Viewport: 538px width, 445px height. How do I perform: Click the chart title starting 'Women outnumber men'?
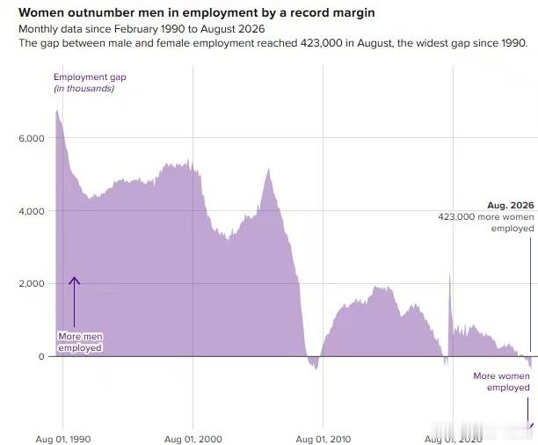pyautogui.click(x=197, y=12)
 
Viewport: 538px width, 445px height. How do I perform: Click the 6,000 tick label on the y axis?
pyautogui.click(x=32, y=138)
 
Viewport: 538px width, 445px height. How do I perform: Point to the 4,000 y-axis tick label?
pyautogui.click(x=32, y=211)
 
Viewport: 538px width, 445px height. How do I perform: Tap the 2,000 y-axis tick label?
pyautogui.click(x=32, y=283)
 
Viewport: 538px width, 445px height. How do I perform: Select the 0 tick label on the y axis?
pyautogui.click(x=41, y=356)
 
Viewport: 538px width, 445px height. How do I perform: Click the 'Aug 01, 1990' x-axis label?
pyautogui.click(x=63, y=439)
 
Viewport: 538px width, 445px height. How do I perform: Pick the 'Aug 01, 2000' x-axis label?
pyautogui.click(x=193, y=439)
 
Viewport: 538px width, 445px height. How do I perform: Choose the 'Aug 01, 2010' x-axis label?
pyautogui.click(x=324, y=439)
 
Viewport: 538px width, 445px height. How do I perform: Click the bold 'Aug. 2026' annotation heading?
pyautogui.click(x=511, y=205)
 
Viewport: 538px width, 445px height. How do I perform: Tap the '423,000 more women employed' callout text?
pyautogui.click(x=486, y=222)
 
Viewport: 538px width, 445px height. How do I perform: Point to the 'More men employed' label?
pyautogui.click(x=80, y=342)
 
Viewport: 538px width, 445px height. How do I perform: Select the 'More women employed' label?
pyautogui.click(x=502, y=382)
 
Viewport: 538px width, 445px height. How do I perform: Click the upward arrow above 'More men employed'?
pyautogui.click(x=74, y=302)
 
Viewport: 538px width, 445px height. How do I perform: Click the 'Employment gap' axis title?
pyautogui.click(x=90, y=77)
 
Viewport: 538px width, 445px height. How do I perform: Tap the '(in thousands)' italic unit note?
pyautogui.click(x=84, y=89)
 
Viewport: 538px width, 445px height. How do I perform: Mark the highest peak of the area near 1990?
pyautogui.click(x=57, y=110)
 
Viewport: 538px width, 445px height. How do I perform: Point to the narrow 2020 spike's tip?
pyautogui.click(x=449, y=274)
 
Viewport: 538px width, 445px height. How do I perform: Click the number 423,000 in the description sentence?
pyautogui.click(x=321, y=43)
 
